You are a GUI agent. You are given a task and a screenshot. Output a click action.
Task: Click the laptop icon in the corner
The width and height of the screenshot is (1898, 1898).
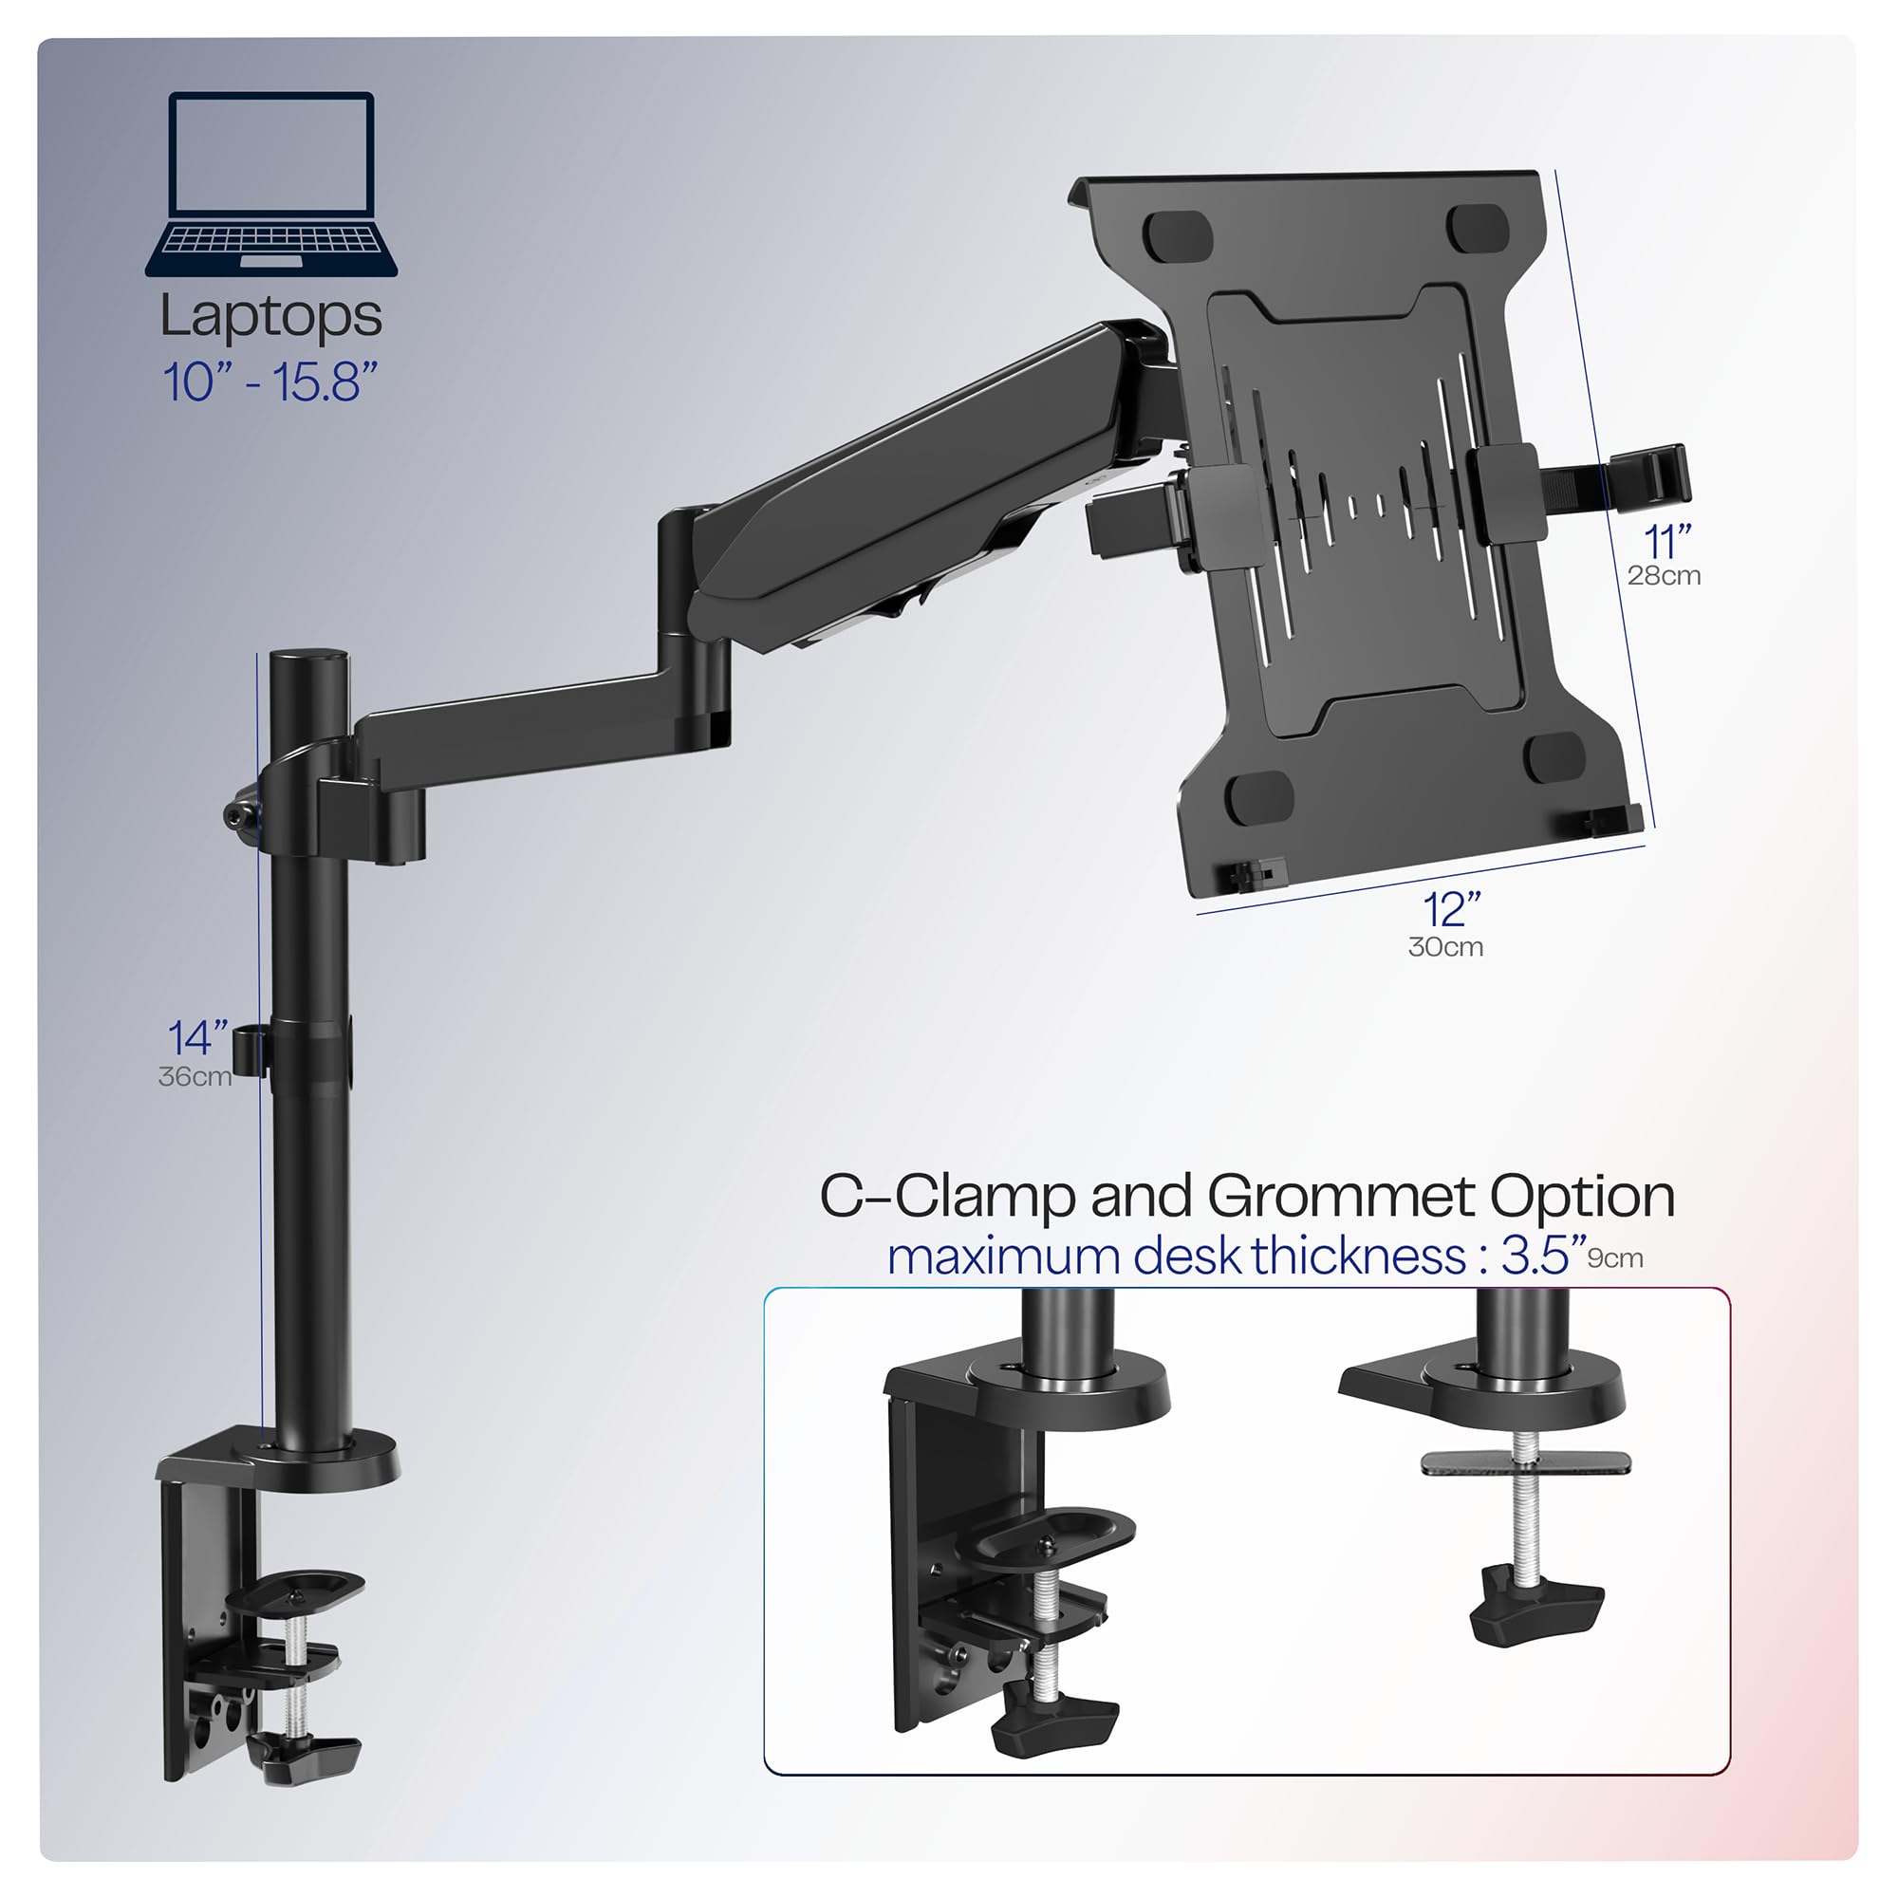tap(271, 185)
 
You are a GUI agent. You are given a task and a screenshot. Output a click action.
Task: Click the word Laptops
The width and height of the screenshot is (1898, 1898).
tap(271, 316)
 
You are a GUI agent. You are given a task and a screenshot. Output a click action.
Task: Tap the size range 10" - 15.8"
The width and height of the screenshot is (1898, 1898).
tap(270, 382)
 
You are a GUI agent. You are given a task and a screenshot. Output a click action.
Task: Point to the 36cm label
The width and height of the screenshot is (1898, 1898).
tap(195, 1077)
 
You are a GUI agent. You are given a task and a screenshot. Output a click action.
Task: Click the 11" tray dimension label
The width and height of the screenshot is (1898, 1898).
tap(1667, 541)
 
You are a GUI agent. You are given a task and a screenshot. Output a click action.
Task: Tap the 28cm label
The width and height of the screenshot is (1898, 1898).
tap(1664, 576)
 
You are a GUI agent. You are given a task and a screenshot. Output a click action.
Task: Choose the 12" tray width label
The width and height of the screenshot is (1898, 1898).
tap(1452, 910)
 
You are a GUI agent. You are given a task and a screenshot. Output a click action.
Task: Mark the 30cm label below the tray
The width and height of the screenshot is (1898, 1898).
tap(1445, 947)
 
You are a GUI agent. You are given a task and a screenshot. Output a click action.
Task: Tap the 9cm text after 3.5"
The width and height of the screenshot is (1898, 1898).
tap(1615, 1258)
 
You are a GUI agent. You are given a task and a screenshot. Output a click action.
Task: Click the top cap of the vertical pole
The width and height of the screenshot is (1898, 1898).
tap(309, 658)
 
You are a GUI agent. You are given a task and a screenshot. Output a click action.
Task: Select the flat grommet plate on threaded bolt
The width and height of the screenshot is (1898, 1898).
tap(1526, 1462)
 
